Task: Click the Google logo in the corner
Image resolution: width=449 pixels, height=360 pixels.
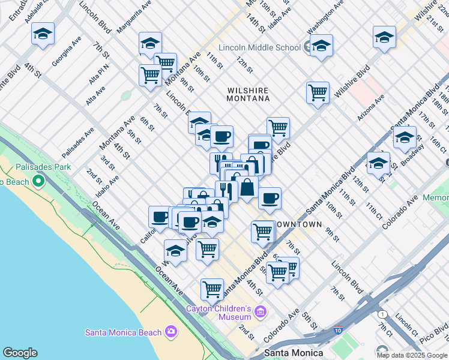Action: [20, 353]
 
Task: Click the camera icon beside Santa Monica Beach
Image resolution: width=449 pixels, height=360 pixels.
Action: [171, 332]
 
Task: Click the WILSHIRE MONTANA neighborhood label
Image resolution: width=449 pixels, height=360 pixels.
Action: [247, 94]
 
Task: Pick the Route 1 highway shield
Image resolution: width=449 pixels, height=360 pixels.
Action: [382, 314]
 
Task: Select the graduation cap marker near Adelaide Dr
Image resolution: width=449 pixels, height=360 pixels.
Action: [43, 34]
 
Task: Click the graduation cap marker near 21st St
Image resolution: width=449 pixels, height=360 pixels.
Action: [384, 38]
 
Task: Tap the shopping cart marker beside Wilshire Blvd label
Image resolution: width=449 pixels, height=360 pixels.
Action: [318, 93]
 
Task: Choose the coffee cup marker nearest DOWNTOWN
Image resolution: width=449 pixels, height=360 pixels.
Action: [270, 198]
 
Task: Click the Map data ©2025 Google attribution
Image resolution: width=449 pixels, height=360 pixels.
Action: [412, 355]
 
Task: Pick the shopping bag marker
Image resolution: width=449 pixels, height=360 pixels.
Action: [247, 188]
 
